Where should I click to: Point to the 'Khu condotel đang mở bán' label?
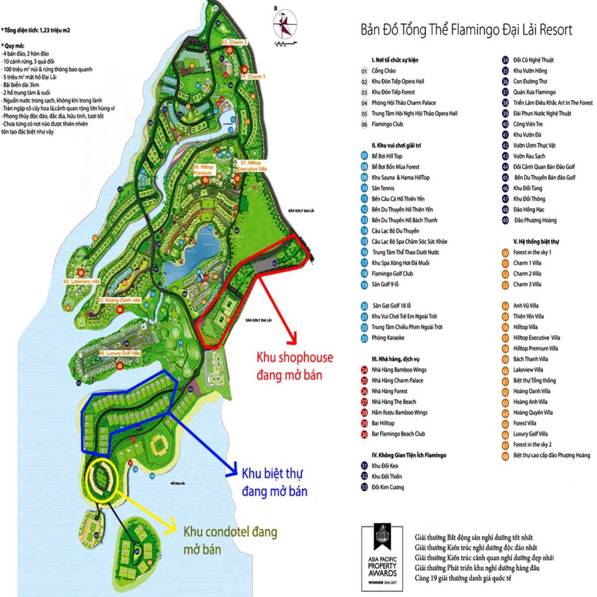tap(230, 540)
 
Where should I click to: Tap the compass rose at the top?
tap(286, 24)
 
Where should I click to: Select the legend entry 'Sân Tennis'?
tap(382, 188)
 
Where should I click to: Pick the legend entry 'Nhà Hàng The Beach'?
tap(394, 402)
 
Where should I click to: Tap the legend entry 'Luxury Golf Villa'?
tap(530, 434)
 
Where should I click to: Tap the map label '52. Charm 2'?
tap(235, 43)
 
